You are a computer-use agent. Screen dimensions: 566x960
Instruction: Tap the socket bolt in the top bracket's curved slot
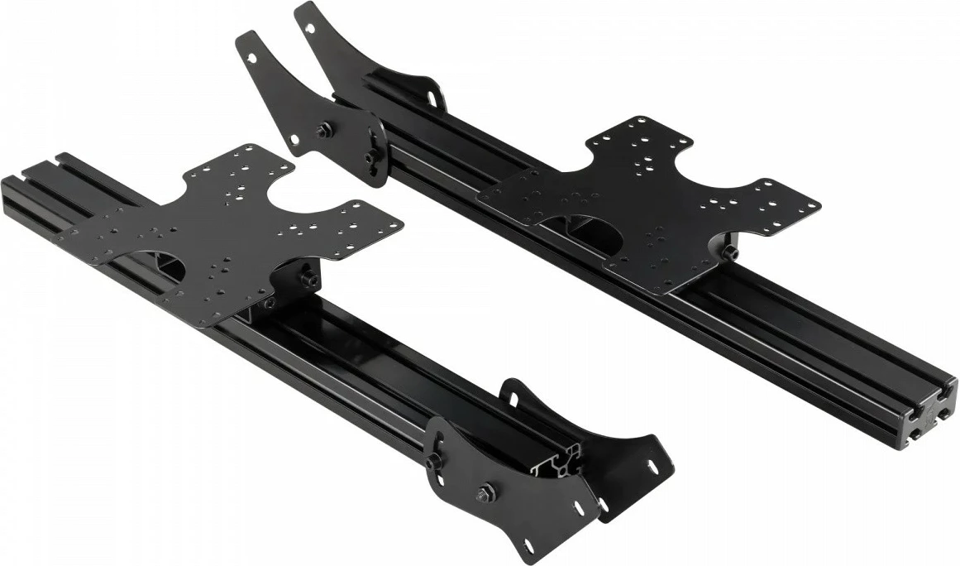(370, 157)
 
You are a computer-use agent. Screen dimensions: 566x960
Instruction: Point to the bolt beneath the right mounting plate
(730, 252)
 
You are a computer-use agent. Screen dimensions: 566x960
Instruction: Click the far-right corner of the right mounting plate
(819, 204)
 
